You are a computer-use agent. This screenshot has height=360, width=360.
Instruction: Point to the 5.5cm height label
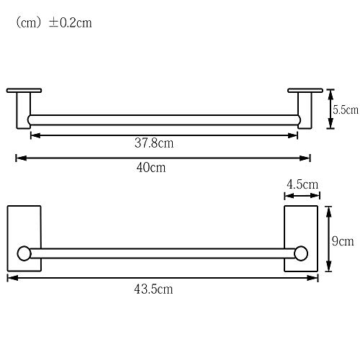(x=346, y=110)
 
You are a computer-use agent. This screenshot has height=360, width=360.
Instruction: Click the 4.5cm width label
(x=302, y=184)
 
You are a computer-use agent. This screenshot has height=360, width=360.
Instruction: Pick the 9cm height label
(x=342, y=241)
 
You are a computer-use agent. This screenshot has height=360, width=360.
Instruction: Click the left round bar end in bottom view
(x=24, y=253)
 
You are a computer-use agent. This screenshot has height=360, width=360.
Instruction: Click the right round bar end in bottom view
(x=301, y=253)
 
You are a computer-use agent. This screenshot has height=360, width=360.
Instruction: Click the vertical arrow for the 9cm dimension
(x=328, y=240)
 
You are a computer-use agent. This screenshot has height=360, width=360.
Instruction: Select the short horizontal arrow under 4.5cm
(x=302, y=195)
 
